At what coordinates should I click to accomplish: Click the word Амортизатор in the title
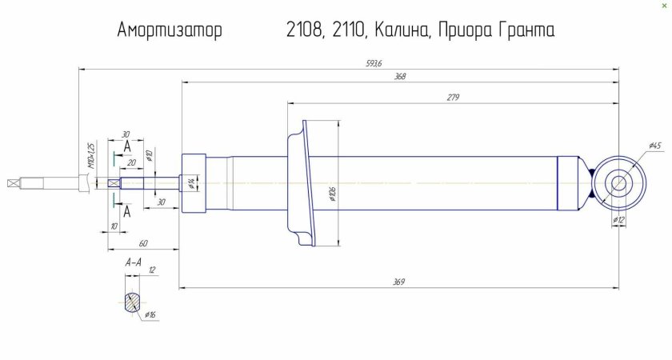tap(170, 31)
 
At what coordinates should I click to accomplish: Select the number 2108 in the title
tap(303, 31)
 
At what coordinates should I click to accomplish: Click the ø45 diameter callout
tap(654, 146)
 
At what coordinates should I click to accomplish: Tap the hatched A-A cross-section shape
tap(131, 303)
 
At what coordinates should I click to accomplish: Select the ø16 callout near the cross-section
tap(150, 315)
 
